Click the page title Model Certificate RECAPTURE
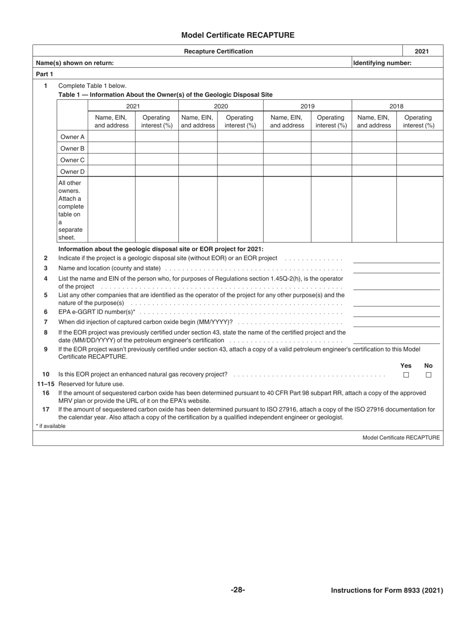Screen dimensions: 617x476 (x=237, y=35)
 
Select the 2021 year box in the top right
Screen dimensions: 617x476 (x=422, y=51)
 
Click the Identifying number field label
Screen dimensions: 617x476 (x=382, y=63)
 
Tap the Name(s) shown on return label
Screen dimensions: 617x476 (x=75, y=63)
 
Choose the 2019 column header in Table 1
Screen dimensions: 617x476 (x=307, y=106)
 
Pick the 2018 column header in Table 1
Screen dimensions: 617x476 (x=396, y=106)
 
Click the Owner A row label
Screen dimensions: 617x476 (x=72, y=137)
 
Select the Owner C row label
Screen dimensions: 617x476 (x=72, y=160)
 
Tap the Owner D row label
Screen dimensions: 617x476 (x=72, y=172)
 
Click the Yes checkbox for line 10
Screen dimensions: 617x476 (x=406, y=375)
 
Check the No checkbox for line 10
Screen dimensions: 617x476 (x=428, y=375)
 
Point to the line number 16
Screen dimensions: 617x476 (x=46, y=393)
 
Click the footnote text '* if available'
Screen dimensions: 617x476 (x=51, y=426)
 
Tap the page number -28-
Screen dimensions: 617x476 (x=237, y=590)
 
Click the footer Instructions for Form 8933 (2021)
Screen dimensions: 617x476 (x=387, y=590)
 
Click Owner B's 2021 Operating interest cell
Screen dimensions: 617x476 (x=157, y=148)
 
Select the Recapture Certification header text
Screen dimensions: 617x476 (x=218, y=51)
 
